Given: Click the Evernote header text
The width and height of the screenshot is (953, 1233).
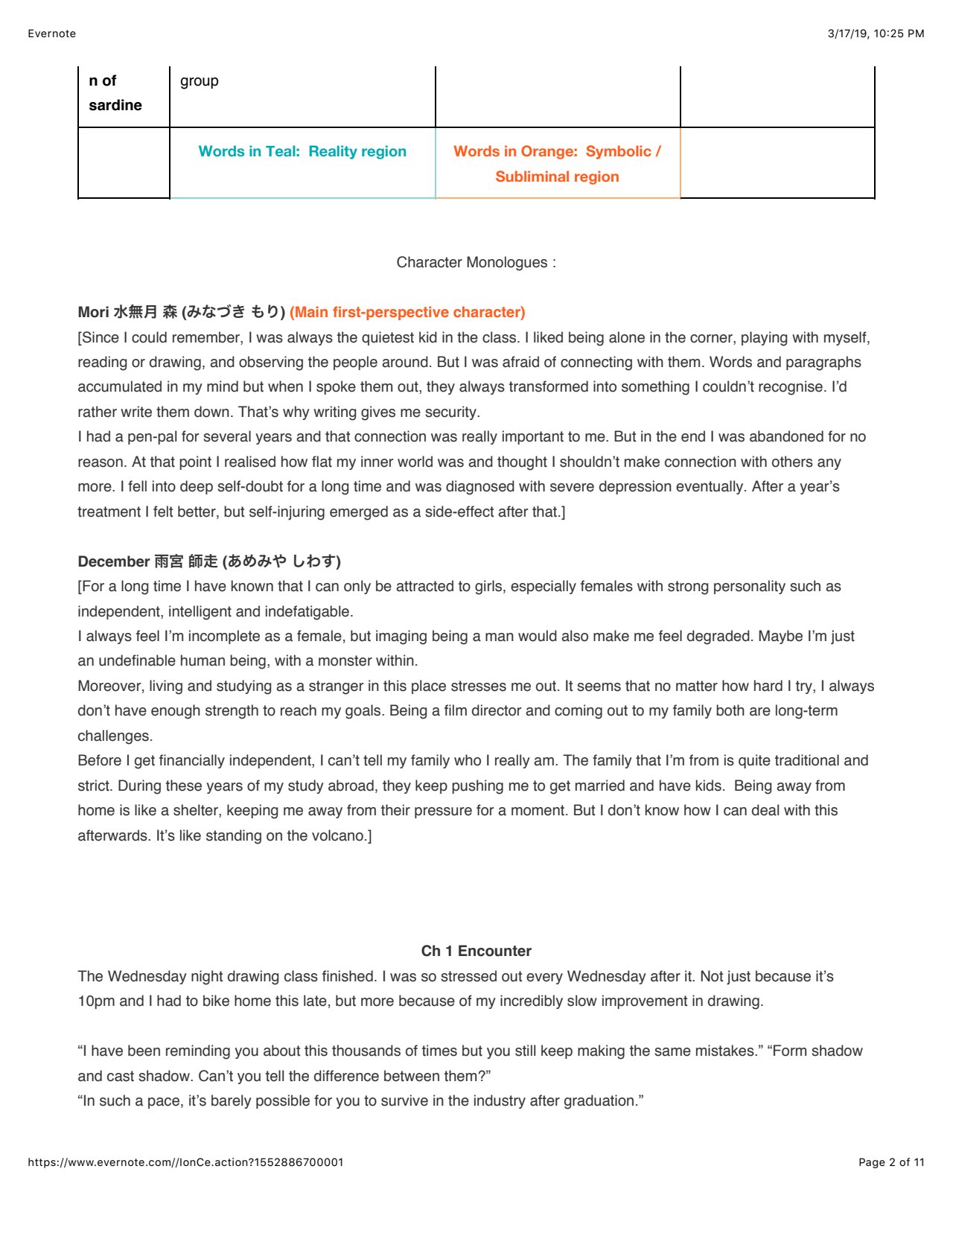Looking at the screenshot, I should (x=51, y=34).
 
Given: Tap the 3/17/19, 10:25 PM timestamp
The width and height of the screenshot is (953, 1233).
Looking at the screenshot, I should (x=876, y=34).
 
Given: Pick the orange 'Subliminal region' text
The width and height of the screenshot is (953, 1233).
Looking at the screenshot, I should (x=557, y=177).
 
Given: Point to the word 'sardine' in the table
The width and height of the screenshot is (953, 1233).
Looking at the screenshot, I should (x=115, y=106).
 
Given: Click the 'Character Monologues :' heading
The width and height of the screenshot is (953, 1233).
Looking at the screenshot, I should (x=476, y=263).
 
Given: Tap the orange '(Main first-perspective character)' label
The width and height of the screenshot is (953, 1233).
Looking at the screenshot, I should (x=407, y=313).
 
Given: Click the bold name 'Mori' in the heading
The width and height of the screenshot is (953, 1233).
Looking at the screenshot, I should (x=93, y=313).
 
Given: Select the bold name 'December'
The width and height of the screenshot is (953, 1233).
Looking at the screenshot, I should (x=113, y=561).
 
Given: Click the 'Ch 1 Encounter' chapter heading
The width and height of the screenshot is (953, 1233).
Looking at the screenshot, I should (x=476, y=952).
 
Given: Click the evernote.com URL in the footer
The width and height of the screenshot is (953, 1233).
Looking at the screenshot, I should (x=185, y=1162).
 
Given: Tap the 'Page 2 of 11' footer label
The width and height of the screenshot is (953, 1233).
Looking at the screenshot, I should (x=890, y=1162).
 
